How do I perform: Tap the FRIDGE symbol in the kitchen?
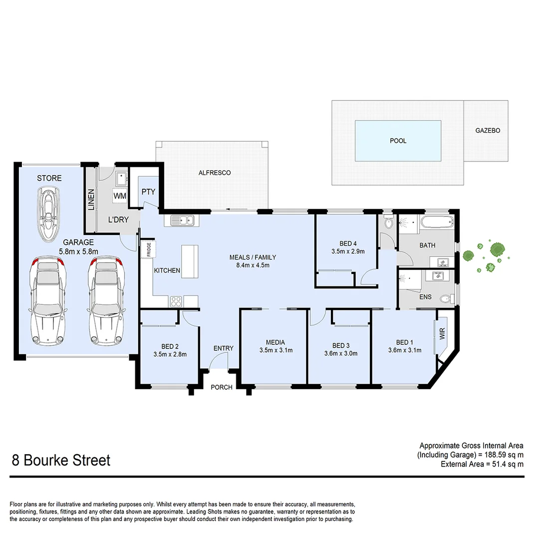(x=149, y=249)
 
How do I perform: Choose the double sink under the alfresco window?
(x=183, y=220)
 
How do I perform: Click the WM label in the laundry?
(x=120, y=196)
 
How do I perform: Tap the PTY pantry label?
(x=148, y=192)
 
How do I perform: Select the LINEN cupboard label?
(x=91, y=201)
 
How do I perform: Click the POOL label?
(x=398, y=141)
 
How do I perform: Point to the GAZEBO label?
(x=488, y=131)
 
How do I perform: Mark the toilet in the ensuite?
(x=445, y=299)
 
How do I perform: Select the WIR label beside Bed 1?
(x=442, y=333)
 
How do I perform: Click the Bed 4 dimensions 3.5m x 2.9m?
(x=348, y=252)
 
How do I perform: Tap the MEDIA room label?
(x=275, y=342)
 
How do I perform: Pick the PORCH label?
(x=222, y=387)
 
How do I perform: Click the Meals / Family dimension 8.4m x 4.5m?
(x=253, y=265)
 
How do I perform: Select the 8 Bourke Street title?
(x=61, y=460)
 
